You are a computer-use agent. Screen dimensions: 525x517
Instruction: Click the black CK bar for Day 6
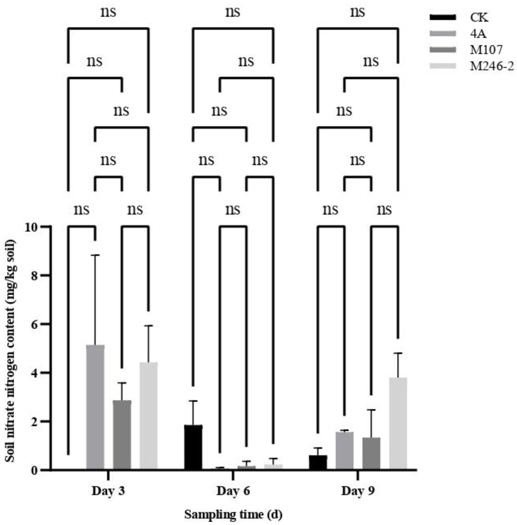193,447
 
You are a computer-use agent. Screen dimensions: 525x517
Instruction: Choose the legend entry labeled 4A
478,34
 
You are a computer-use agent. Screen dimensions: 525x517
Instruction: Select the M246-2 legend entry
491,66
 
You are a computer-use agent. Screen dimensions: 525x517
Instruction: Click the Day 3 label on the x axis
108,491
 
